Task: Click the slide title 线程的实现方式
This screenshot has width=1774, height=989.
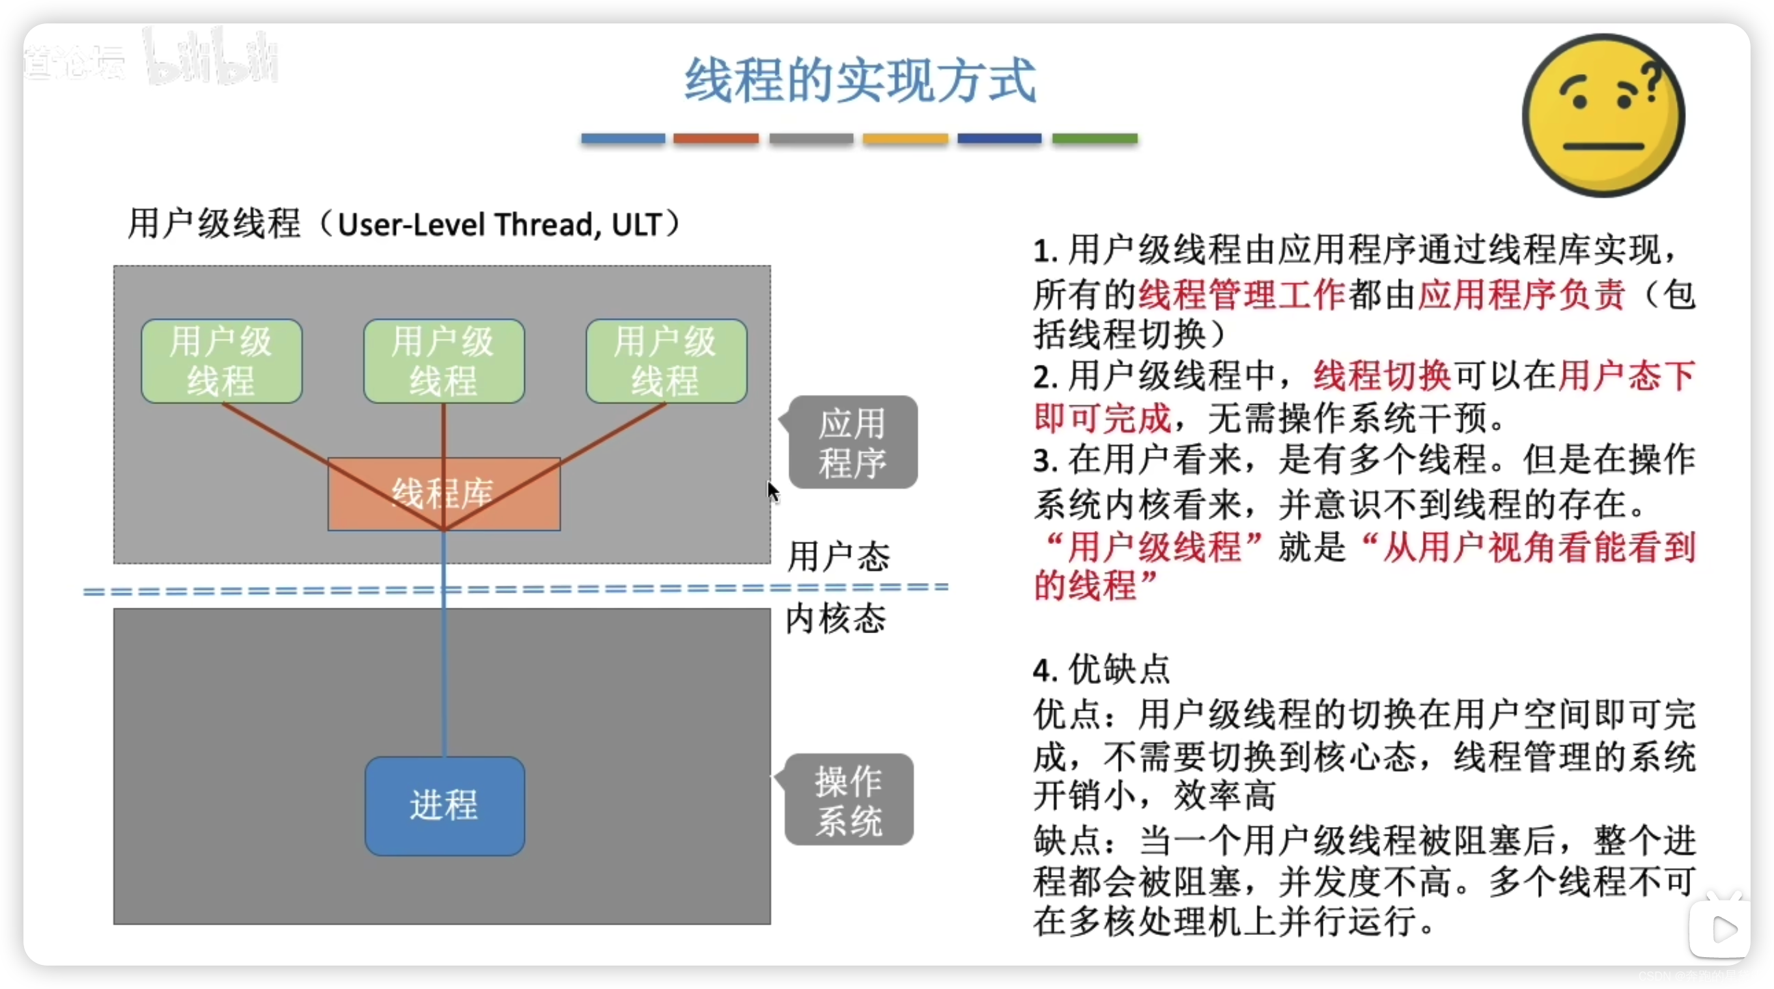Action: pyautogui.click(x=860, y=81)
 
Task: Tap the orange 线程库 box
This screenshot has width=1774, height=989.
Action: pyautogui.click(x=443, y=493)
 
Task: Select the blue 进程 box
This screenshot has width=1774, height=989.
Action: pyautogui.click(x=444, y=806)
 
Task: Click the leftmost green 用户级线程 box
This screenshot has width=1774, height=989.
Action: pyautogui.click(x=221, y=360)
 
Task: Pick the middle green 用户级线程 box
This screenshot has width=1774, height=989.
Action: pyautogui.click(x=443, y=360)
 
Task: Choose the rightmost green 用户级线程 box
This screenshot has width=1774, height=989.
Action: pyautogui.click(x=666, y=360)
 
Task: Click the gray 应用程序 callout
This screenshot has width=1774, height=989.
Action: pyautogui.click(x=852, y=442)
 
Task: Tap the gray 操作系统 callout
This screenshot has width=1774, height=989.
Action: pyautogui.click(x=849, y=800)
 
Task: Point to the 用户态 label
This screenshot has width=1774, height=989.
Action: pyautogui.click(x=838, y=556)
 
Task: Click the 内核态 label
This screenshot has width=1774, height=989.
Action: pyautogui.click(x=836, y=618)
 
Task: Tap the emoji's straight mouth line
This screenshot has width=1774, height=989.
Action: pyautogui.click(x=1603, y=146)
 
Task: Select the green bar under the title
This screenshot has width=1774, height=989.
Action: pyautogui.click(x=1094, y=139)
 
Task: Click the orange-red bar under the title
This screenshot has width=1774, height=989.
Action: pyautogui.click(x=716, y=139)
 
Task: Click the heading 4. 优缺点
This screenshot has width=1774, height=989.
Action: pyautogui.click(x=1101, y=669)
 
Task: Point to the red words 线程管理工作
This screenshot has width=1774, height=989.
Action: pyautogui.click(x=1242, y=295)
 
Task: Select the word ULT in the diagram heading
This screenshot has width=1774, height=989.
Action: pyautogui.click(x=636, y=224)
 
